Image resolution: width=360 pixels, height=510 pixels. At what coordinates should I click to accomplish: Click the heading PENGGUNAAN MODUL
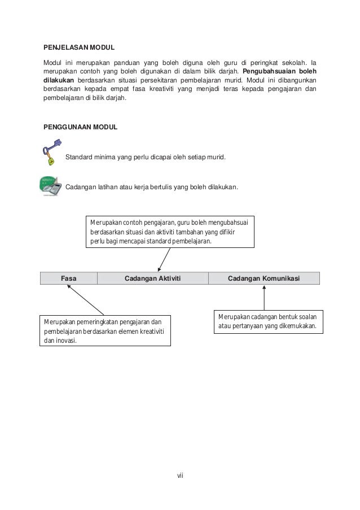[x=80, y=128]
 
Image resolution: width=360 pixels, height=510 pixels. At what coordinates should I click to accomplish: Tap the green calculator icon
[x=51, y=186]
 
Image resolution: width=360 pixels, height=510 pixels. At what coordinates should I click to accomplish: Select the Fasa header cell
[x=69, y=278]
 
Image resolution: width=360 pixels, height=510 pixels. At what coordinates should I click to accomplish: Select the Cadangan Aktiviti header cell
[x=152, y=278]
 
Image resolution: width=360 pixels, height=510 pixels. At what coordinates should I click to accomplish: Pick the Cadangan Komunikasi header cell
[x=264, y=278]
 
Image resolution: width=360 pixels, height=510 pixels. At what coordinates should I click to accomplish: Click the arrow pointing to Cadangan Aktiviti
[x=165, y=259]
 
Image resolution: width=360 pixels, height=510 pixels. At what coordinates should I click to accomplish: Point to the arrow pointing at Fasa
[x=85, y=299]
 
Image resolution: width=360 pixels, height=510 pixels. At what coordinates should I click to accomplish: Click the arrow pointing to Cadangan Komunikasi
[x=264, y=297]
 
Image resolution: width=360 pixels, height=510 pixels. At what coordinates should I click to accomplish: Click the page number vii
[x=179, y=474]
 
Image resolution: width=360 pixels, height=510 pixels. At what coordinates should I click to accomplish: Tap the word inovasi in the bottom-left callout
[x=66, y=341]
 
